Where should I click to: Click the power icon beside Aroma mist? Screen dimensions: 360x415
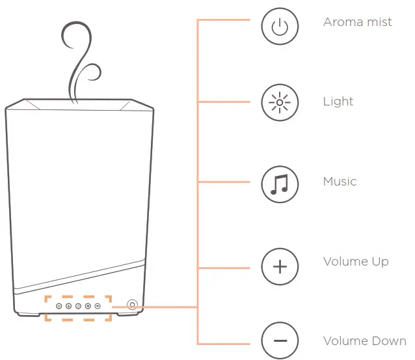[280, 27]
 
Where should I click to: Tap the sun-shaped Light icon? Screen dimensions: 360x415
[280, 102]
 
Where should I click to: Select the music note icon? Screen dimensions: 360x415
[280, 183]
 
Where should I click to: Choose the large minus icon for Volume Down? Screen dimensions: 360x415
[280, 341]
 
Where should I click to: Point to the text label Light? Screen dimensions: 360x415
[338, 102]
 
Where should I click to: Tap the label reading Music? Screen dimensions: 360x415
[340, 182]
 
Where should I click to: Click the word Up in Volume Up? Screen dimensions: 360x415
[381, 262]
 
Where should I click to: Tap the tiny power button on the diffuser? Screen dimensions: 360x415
[59, 306]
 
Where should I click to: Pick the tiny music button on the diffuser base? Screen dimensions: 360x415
[78, 306]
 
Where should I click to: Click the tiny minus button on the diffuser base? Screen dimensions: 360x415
[98, 306]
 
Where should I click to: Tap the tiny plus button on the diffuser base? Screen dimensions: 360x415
[88, 306]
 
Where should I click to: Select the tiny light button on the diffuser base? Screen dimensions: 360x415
[68, 306]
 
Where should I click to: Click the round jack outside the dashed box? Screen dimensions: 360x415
[132, 305]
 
